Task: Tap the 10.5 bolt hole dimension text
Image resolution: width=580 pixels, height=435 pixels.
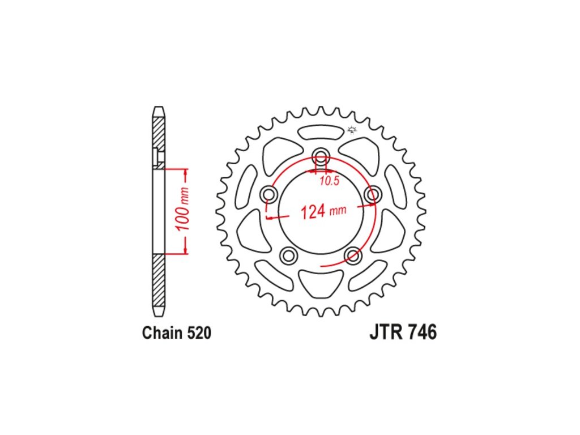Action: click(x=329, y=181)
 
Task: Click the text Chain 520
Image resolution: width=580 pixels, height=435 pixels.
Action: click(x=177, y=333)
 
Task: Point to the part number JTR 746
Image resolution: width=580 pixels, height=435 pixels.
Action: click(x=403, y=332)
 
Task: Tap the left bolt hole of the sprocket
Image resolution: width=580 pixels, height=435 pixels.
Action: click(x=269, y=194)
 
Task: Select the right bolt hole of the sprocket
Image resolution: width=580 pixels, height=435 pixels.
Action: click(x=373, y=194)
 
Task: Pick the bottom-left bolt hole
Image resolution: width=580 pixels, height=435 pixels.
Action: click(x=289, y=255)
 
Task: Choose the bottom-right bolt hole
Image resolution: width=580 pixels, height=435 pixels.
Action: click(x=353, y=255)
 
